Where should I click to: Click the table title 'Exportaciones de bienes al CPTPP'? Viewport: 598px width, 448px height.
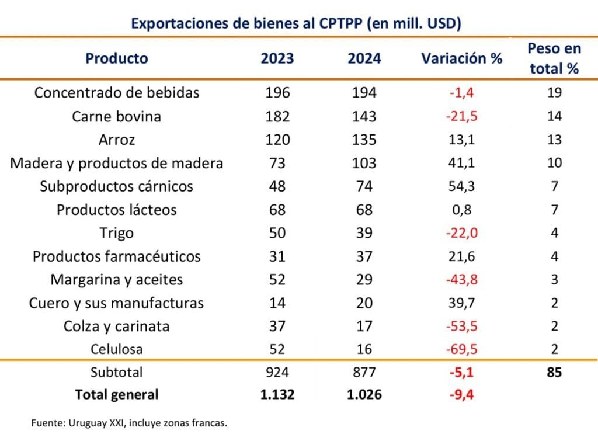tap(297, 23)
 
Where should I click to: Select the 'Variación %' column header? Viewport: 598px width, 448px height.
tap(461, 58)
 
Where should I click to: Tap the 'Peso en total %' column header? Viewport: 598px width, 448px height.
tap(554, 58)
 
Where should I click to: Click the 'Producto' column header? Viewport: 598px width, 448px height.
tap(117, 58)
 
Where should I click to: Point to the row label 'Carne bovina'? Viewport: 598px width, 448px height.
tap(117, 116)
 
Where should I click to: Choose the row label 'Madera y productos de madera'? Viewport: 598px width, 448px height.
tap(117, 163)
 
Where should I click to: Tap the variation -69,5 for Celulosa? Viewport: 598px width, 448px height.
tap(461, 349)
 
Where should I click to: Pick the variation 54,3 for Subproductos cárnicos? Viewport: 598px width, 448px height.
tap(461, 186)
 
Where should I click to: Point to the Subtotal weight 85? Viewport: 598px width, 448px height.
tap(554, 371)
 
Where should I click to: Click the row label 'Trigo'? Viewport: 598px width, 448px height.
tap(117, 233)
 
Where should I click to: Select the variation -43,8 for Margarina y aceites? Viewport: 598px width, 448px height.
tap(461, 279)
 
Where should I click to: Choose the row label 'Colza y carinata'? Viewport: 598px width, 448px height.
tap(117, 326)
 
